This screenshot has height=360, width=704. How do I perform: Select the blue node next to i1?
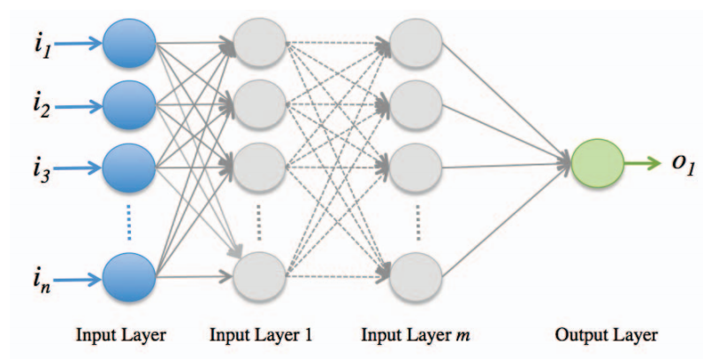[x=130, y=42]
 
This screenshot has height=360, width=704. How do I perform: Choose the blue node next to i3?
[x=130, y=164]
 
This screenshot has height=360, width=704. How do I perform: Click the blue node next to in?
[x=130, y=275]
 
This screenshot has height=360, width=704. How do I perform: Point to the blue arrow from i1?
[x=75, y=42]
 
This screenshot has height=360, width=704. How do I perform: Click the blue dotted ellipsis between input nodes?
[x=130, y=220]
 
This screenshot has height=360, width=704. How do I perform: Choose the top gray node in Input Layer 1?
[x=259, y=42]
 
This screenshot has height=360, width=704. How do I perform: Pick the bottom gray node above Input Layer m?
[x=416, y=275]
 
